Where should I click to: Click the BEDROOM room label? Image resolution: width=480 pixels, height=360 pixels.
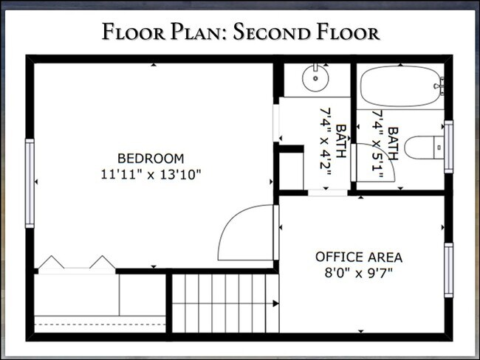click(151, 158)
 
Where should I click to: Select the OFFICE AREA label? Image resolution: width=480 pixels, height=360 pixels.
click(359, 257)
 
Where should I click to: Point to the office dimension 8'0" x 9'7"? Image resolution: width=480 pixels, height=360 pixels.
click(359, 273)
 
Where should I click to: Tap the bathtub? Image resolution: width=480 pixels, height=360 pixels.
click(400, 87)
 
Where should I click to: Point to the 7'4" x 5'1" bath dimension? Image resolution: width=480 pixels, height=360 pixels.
click(385, 145)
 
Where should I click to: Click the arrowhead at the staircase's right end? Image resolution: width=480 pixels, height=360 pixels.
click(275, 302)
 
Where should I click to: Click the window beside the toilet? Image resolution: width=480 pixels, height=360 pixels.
click(448, 147)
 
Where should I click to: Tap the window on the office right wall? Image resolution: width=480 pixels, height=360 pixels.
click(448, 269)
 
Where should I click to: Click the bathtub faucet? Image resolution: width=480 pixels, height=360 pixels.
click(440, 87)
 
